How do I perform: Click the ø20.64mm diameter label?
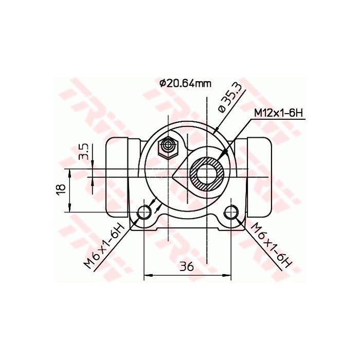coord(185,83)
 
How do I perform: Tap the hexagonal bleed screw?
coord(168,148)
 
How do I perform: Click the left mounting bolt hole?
coord(146,211)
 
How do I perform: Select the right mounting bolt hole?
coord(232,211)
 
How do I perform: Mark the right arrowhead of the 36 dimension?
coord(229,277)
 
